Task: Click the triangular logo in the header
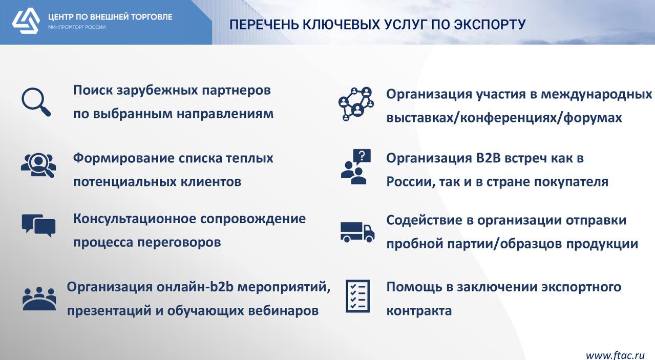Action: (x=26, y=21)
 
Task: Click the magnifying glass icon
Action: (x=36, y=102)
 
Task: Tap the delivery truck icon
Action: (x=357, y=232)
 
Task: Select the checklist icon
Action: (x=357, y=296)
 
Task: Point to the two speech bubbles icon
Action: (x=38, y=226)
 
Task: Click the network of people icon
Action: (x=356, y=104)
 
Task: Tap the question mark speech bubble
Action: (x=362, y=157)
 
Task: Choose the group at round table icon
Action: (x=39, y=299)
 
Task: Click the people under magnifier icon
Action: (x=38, y=165)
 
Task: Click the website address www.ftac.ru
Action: (x=615, y=355)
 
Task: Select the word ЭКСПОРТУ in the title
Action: (x=490, y=25)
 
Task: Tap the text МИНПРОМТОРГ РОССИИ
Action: (x=77, y=27)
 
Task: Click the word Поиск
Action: (x=93, y=90)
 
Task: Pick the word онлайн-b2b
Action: (x=195, y=287)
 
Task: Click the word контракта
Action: (x=419, y=310)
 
